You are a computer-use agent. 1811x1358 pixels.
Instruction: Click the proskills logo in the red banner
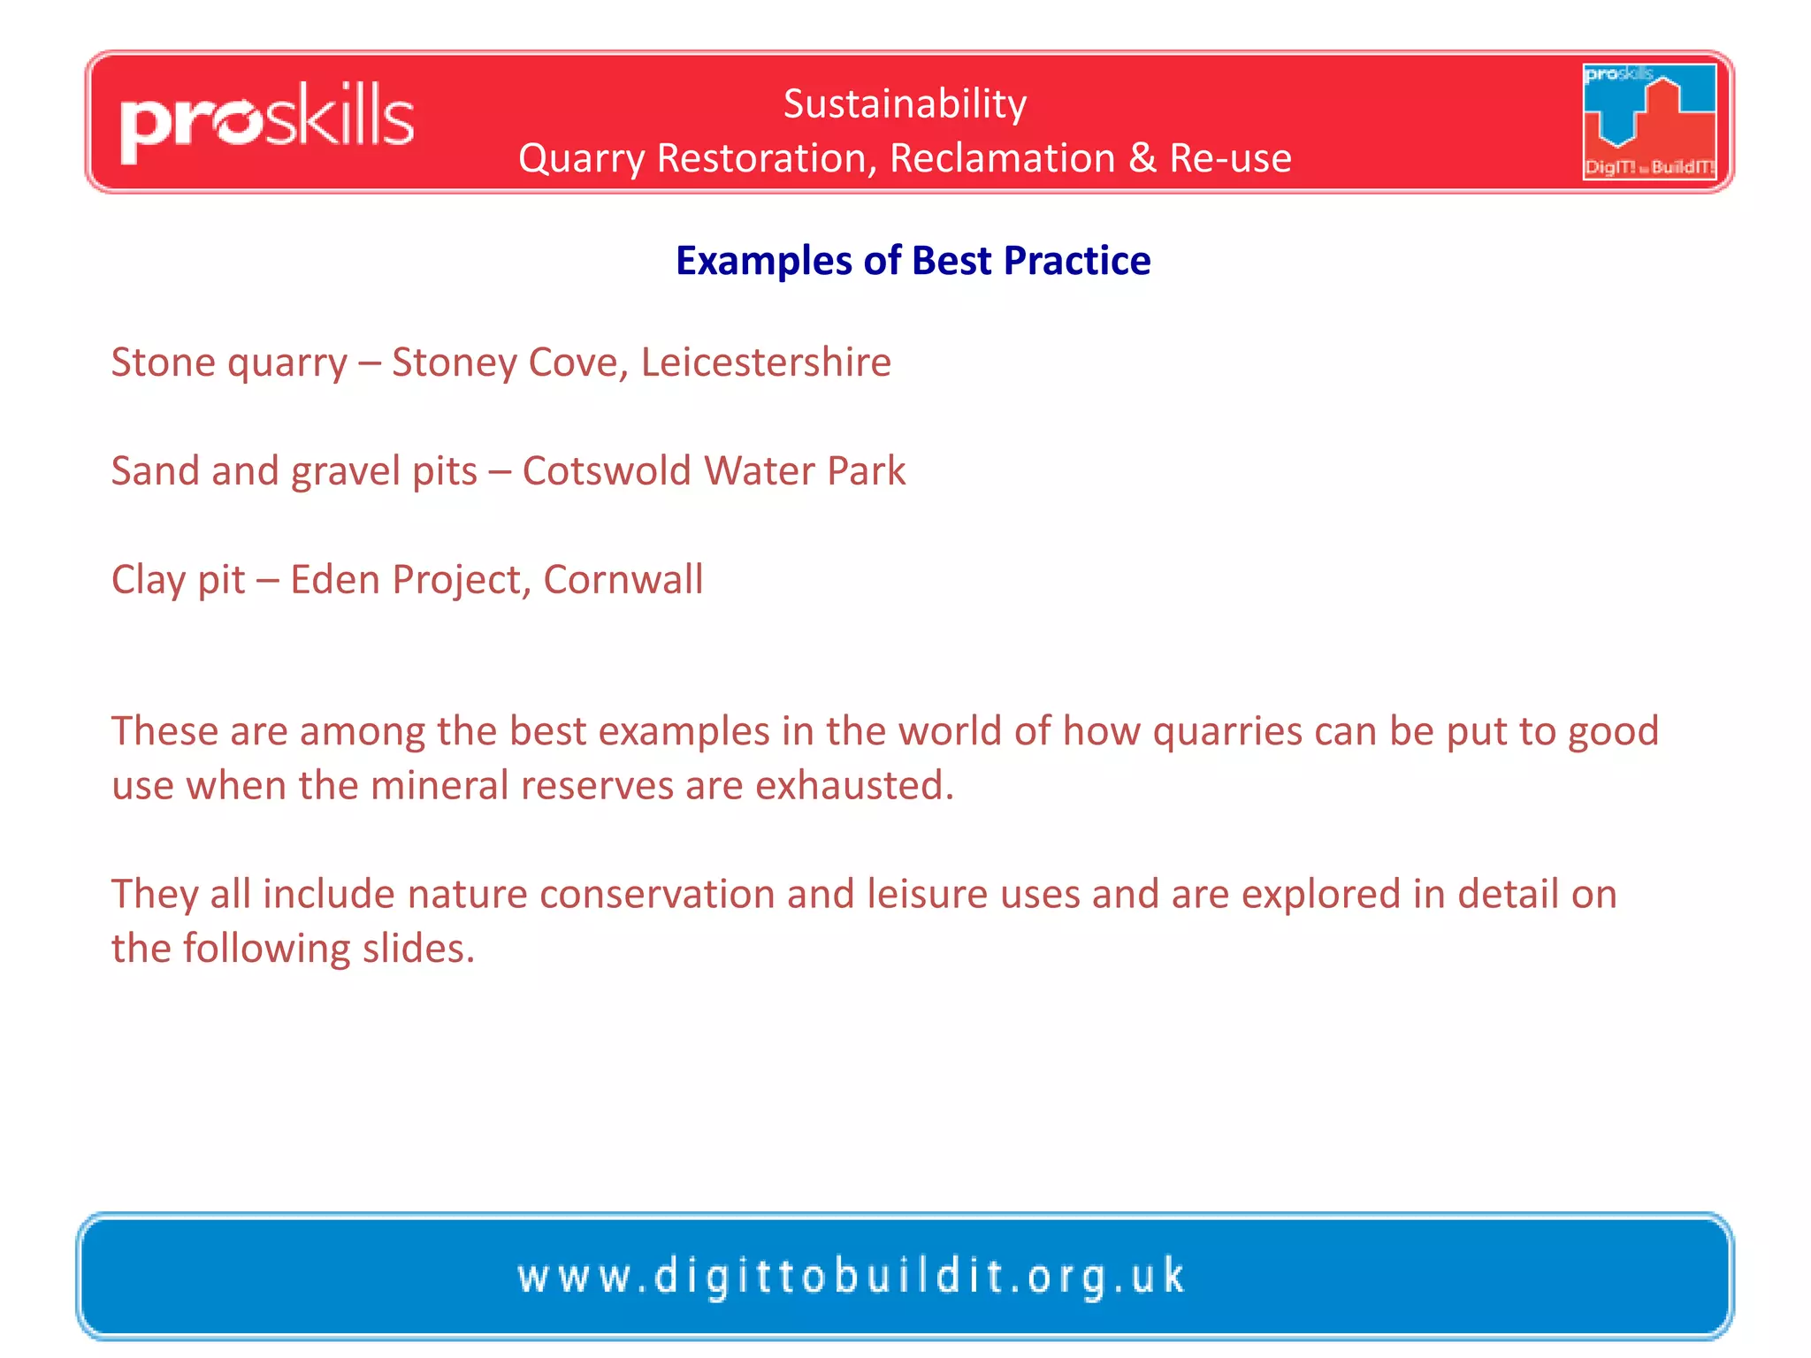coord(267,122)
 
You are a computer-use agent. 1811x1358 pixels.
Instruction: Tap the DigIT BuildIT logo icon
coord(1649,121)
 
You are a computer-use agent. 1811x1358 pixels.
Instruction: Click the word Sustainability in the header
coord(905,104)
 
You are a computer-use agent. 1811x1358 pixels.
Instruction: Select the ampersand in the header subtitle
coord(1142,158)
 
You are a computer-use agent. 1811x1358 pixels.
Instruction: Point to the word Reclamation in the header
coord(1002,158)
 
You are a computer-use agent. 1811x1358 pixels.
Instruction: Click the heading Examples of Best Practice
coord(913,261)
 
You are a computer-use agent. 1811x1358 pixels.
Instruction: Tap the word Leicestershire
coord(766,362)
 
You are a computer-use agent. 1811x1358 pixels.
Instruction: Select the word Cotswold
coord(607,471)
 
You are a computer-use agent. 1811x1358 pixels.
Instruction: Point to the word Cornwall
coord(623,580)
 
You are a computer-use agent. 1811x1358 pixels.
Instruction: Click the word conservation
coord(657,894)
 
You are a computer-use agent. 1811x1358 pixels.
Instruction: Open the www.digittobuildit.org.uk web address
coord(851,1277)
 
